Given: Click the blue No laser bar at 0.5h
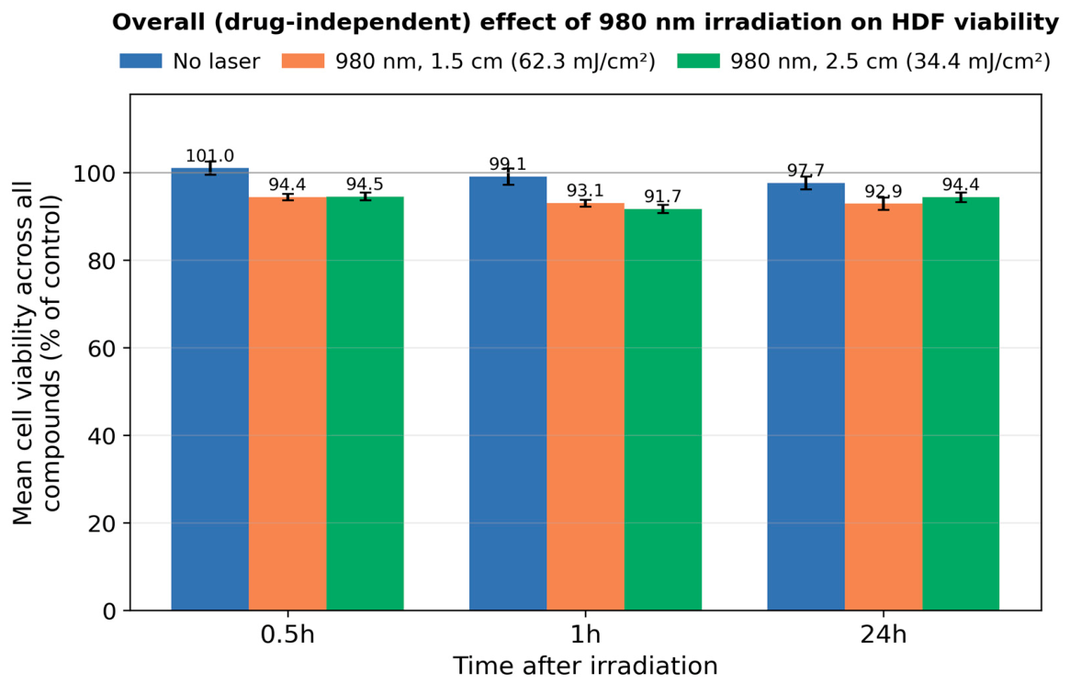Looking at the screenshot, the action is (209, 389).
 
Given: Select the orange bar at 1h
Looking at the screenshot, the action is (585, 407).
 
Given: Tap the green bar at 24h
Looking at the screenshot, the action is (961, 404).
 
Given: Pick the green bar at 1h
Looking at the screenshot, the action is (662, 409).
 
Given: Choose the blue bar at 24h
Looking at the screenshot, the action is (805, 397).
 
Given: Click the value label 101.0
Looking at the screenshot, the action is (209, 156).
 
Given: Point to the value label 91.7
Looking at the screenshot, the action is (662, 196).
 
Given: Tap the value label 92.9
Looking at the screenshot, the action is (883, 191).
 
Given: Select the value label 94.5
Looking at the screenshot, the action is (365, 185).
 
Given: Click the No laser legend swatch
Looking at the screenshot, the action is (141, 62).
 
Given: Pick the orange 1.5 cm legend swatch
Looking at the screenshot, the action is (304, 62).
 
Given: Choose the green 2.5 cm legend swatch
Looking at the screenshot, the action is (699, 62).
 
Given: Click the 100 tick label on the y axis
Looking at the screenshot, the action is (95, 174).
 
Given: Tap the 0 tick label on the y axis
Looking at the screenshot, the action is (110, 611).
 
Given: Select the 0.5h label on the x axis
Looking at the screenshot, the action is (287, 635).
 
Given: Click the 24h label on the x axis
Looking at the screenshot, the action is (883, 635).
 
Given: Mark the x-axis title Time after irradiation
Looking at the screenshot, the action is (585, 666).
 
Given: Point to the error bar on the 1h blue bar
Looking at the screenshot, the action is (509, 177).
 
